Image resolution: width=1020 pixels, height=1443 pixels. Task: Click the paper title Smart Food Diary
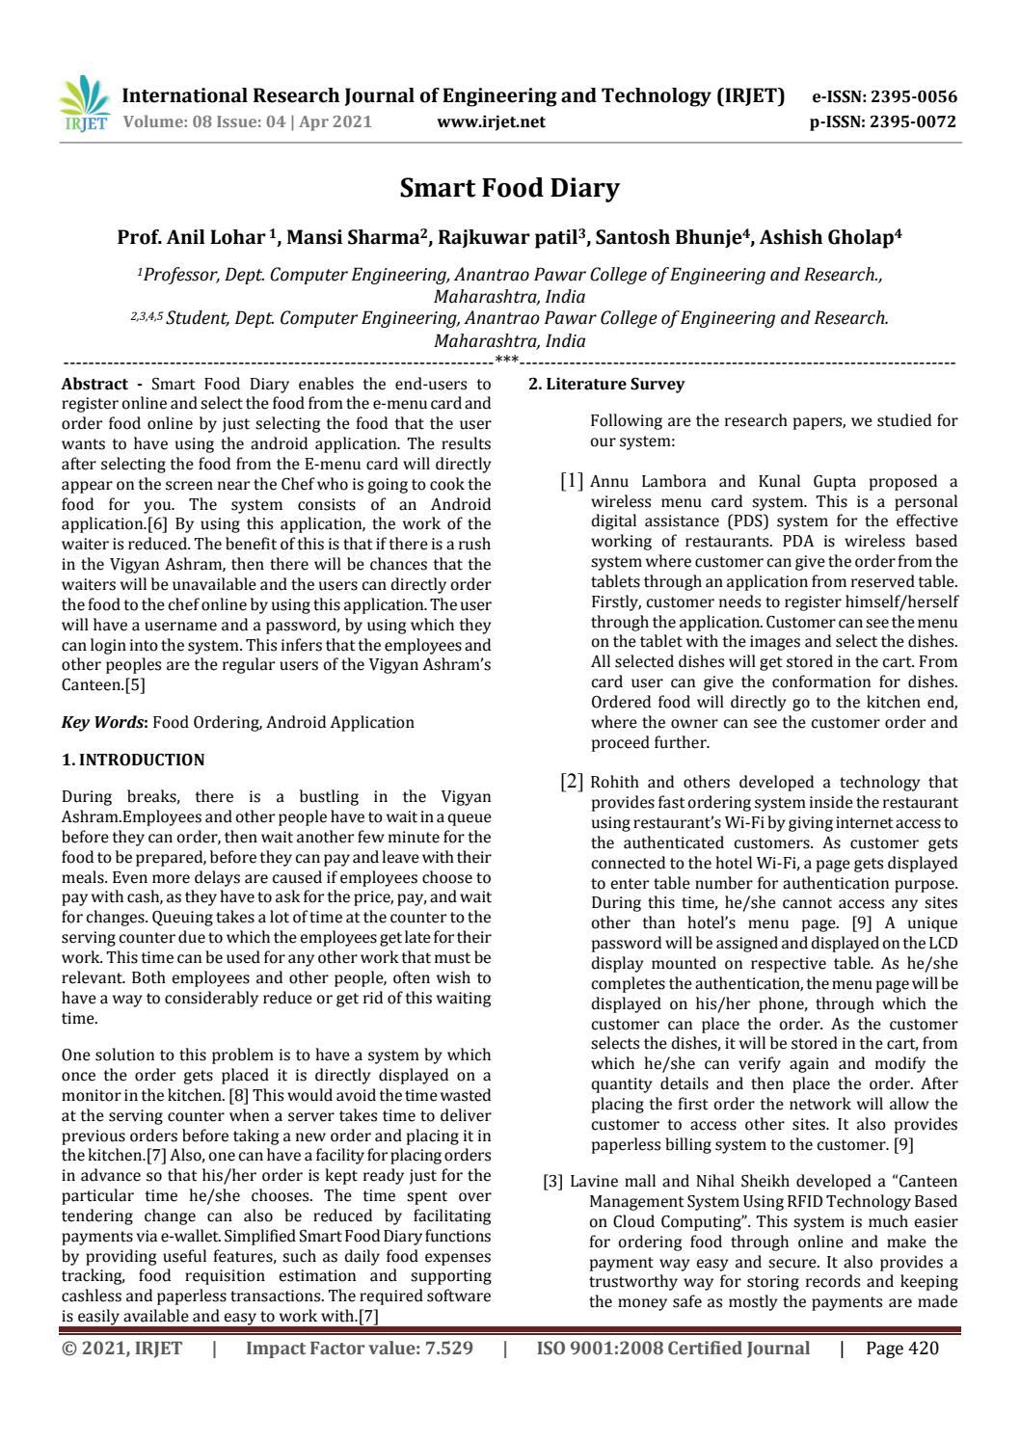click(509, 188)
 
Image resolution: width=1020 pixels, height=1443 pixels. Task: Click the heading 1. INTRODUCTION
click(132, 760)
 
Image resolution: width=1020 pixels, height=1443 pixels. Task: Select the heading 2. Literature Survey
click(606, 384)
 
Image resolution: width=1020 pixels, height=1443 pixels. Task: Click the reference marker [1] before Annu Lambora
click(572, 480)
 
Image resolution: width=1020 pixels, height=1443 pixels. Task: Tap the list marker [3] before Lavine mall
click(553, 1181)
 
